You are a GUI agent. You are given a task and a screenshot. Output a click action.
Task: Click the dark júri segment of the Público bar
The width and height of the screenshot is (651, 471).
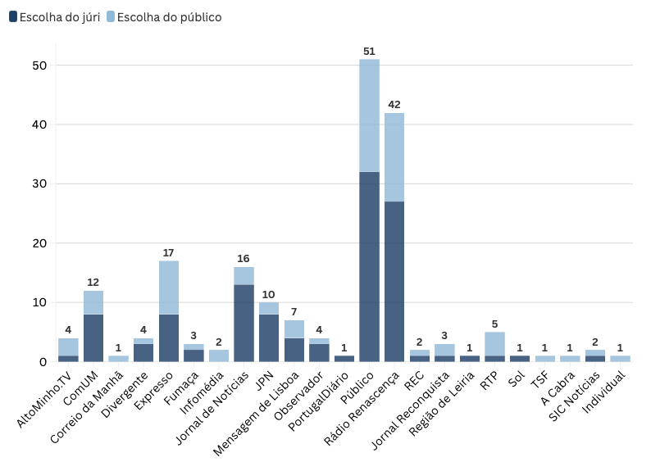tap(369, 266)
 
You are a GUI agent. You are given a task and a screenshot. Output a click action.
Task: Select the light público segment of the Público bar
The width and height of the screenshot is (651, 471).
tap(369, 115)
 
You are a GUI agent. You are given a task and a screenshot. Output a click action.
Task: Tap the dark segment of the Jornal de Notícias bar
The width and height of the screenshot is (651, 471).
tap(244, 323)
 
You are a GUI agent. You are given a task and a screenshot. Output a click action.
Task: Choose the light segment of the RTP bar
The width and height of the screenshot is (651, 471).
tap(494, 343)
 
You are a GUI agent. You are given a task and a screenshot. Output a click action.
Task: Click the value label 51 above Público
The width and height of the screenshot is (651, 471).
tap(369, 52)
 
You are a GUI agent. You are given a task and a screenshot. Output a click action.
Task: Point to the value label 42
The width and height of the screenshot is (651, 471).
tap(394, 105)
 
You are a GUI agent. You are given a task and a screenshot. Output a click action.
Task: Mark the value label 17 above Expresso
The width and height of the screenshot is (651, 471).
tap(168, 253)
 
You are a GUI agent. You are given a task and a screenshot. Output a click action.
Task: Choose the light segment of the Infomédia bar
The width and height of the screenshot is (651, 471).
tap(218, 356)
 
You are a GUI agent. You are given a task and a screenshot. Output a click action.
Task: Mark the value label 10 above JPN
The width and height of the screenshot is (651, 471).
tap(268, 294)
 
